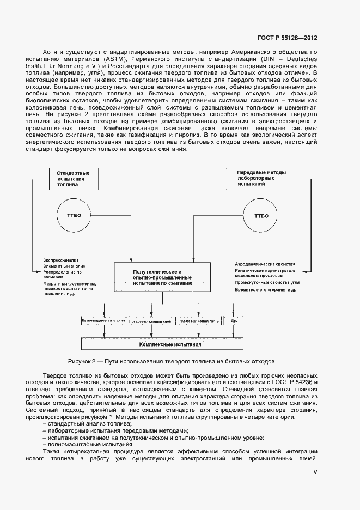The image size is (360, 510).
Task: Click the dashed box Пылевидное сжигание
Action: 103,321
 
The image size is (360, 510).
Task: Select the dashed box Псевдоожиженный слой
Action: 151,321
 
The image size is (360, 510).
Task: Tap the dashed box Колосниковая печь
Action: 199,321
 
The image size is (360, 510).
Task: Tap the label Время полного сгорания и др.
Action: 265,290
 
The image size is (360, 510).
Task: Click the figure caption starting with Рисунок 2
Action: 171,361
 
